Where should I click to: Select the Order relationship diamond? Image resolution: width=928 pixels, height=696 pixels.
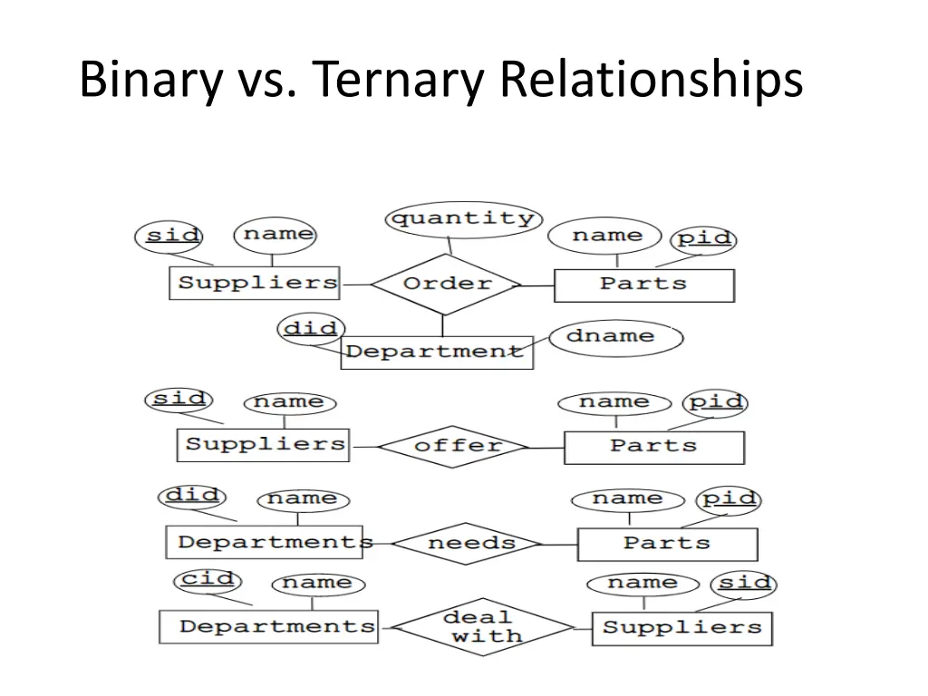coord(447,284)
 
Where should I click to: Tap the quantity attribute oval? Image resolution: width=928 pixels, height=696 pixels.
coord(462,218)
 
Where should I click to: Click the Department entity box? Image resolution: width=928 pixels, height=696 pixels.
coord(436,351)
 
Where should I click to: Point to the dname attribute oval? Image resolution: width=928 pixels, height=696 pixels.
coord(615,336)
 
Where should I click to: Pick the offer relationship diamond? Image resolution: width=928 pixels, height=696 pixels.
coord(456,446)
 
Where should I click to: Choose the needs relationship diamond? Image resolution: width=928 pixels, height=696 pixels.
coord(470,543)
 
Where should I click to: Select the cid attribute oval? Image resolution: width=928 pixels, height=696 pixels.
coord(208,579)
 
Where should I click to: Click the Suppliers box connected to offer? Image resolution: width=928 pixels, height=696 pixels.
coord(263,444)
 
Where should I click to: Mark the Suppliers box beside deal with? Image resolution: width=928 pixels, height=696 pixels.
coord(681,627)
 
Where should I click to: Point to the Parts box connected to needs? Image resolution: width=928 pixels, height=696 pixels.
coord(667,544)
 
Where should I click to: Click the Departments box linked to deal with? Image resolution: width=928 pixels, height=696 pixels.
coord(268,626)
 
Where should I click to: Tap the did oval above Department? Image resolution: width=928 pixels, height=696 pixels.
coord(311,329)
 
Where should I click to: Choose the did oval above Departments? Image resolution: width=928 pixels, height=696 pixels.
coord(192,496)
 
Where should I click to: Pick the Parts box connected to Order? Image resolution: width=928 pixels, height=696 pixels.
coord(643,285)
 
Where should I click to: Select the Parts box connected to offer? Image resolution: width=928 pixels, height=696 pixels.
coord(653,447)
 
